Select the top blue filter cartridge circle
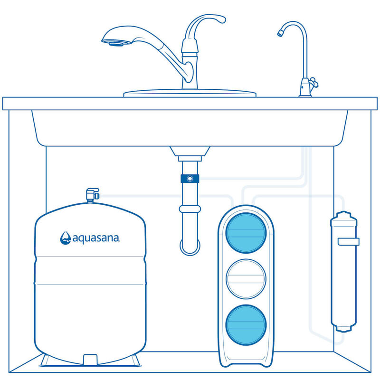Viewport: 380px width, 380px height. click(x=246, y=233)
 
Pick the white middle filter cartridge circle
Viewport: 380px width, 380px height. click(x=246, y=279)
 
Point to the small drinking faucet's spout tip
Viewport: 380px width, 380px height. click(x=280, y=34)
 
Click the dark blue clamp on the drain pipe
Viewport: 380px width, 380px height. click(x=190, y=179)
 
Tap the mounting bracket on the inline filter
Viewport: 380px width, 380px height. click(x=348, y=242)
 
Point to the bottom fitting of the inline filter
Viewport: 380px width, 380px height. click(x=343, y=328)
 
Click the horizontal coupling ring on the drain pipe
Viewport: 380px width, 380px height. click(x=190, y=209)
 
